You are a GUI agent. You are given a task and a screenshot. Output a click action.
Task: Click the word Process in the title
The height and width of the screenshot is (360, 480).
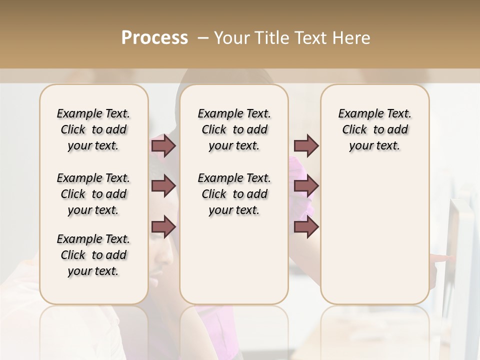pos(154,38)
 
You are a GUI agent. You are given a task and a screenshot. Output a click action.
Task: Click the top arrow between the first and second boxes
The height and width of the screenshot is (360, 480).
pos(163,145)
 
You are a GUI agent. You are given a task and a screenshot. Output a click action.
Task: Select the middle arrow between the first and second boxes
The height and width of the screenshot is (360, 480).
pos(163,186)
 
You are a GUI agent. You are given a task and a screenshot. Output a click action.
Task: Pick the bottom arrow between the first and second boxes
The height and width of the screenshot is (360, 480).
pos(163,226)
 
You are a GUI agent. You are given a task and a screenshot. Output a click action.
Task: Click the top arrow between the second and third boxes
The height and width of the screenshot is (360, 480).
pos(306,145)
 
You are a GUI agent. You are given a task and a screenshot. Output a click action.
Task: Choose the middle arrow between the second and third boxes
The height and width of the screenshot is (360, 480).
pos(306,186)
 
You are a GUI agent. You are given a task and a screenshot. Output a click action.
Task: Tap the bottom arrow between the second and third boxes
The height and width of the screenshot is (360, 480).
pos(306,226)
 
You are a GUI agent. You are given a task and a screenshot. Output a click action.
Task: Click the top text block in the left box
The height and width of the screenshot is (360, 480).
pos(93,129)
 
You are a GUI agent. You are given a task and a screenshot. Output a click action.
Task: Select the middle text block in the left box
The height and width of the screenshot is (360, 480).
pos(93,194)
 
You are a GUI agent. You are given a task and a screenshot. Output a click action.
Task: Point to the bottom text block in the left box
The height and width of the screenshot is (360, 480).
pos(93,255)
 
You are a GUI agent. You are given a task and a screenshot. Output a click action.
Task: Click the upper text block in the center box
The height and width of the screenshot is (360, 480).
pos(234,129)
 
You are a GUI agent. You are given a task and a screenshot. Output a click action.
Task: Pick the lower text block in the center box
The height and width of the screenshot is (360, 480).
pos(234,194)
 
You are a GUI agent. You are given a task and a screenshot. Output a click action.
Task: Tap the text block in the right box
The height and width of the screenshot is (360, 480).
pos(374,129)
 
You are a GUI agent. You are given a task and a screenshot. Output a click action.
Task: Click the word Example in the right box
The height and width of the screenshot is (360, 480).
pos(357,114)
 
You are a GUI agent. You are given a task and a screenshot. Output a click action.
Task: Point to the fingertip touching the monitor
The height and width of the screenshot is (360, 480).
pos(450,258)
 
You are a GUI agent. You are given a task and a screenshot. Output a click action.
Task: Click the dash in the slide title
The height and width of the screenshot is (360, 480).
pos(203,38)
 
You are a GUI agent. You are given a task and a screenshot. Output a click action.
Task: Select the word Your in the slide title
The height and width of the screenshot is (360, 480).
pos(230,38)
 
